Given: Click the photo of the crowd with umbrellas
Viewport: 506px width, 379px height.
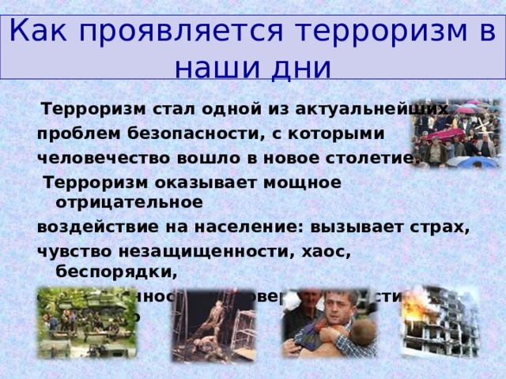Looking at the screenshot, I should click(454, 134).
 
